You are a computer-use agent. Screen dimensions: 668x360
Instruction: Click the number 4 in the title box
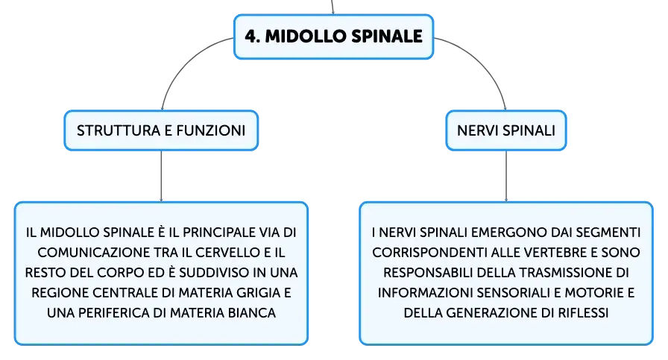(252, 37)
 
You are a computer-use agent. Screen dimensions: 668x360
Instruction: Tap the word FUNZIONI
(211, 130)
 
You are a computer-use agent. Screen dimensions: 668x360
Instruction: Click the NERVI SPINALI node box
(506, 130)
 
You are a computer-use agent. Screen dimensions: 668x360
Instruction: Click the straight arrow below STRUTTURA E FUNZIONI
(161, 176)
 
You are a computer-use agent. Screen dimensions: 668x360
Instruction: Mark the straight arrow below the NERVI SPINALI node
(506, 176)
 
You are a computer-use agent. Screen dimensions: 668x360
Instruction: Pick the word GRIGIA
(259, 293)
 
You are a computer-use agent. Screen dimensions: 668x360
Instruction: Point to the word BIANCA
(252, 313)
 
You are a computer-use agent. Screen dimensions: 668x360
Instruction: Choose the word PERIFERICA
(114, 313)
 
